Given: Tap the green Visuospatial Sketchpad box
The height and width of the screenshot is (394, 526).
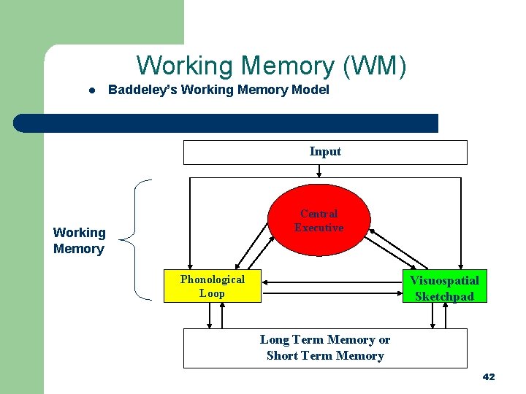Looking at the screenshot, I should (445, 287).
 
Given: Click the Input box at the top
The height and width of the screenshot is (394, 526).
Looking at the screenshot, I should (324, 152).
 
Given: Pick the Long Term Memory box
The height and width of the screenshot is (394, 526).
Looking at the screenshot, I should (324, 348).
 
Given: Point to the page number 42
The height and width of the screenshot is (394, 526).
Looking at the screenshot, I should (489, 376).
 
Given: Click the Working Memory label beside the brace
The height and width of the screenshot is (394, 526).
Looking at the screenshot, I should (79, 241).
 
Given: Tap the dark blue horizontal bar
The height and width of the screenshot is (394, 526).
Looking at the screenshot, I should (226, 123).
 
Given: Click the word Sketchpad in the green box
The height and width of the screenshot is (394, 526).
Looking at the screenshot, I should (444, 296).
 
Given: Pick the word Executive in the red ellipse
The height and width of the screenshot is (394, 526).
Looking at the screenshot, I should (319, 228).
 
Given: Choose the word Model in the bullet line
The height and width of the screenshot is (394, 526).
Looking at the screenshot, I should (313, 90).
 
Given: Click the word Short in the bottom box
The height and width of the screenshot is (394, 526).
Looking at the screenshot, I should (281, 356).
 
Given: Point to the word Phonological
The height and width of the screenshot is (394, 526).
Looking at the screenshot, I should (213, 279).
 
